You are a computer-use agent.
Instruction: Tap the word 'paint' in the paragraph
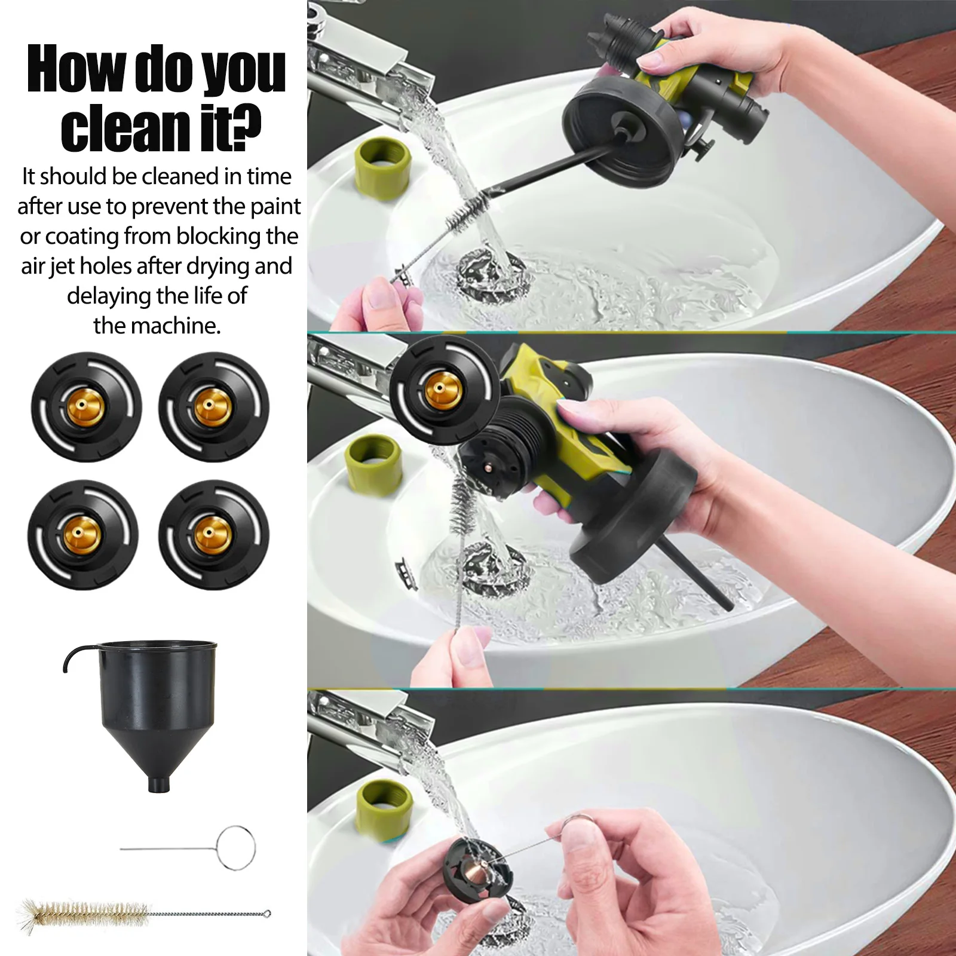click(274, 206)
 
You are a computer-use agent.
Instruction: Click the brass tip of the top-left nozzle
click(86, 407)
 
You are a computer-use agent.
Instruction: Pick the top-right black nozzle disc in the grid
click(213, 407)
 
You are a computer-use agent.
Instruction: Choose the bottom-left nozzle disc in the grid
click(83, 534)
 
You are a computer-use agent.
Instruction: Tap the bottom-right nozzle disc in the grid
click(213, 534)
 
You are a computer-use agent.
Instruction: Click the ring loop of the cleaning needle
click(236, 847)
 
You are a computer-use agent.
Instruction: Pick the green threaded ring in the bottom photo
click(384, 808)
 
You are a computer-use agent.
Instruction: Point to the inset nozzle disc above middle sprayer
click(444, 389)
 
